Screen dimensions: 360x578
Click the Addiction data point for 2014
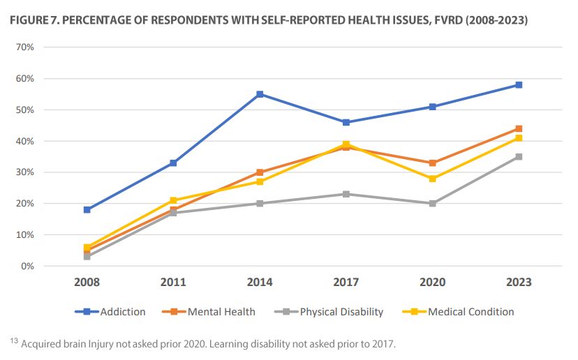260,94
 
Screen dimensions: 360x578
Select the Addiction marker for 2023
519,85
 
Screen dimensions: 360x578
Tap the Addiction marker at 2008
87,209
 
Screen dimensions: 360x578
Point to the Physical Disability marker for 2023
519,157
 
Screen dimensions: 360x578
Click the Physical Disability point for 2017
346,194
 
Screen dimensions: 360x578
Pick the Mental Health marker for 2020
433,163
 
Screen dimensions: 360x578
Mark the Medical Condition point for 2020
433,179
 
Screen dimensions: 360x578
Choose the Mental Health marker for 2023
519,129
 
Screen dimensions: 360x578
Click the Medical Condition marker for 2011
173,200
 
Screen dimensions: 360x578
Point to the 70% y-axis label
25,47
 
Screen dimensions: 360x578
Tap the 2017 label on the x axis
346,283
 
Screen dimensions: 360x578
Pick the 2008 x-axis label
87,283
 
